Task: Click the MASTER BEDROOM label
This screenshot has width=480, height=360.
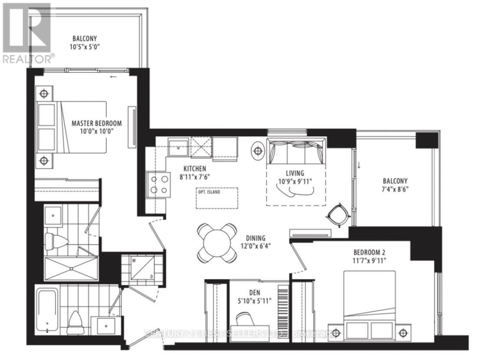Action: (x=96, y=123)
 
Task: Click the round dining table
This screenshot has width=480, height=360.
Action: (x=217, y=242)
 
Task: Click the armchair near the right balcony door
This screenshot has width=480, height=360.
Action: (x=337, y=214)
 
